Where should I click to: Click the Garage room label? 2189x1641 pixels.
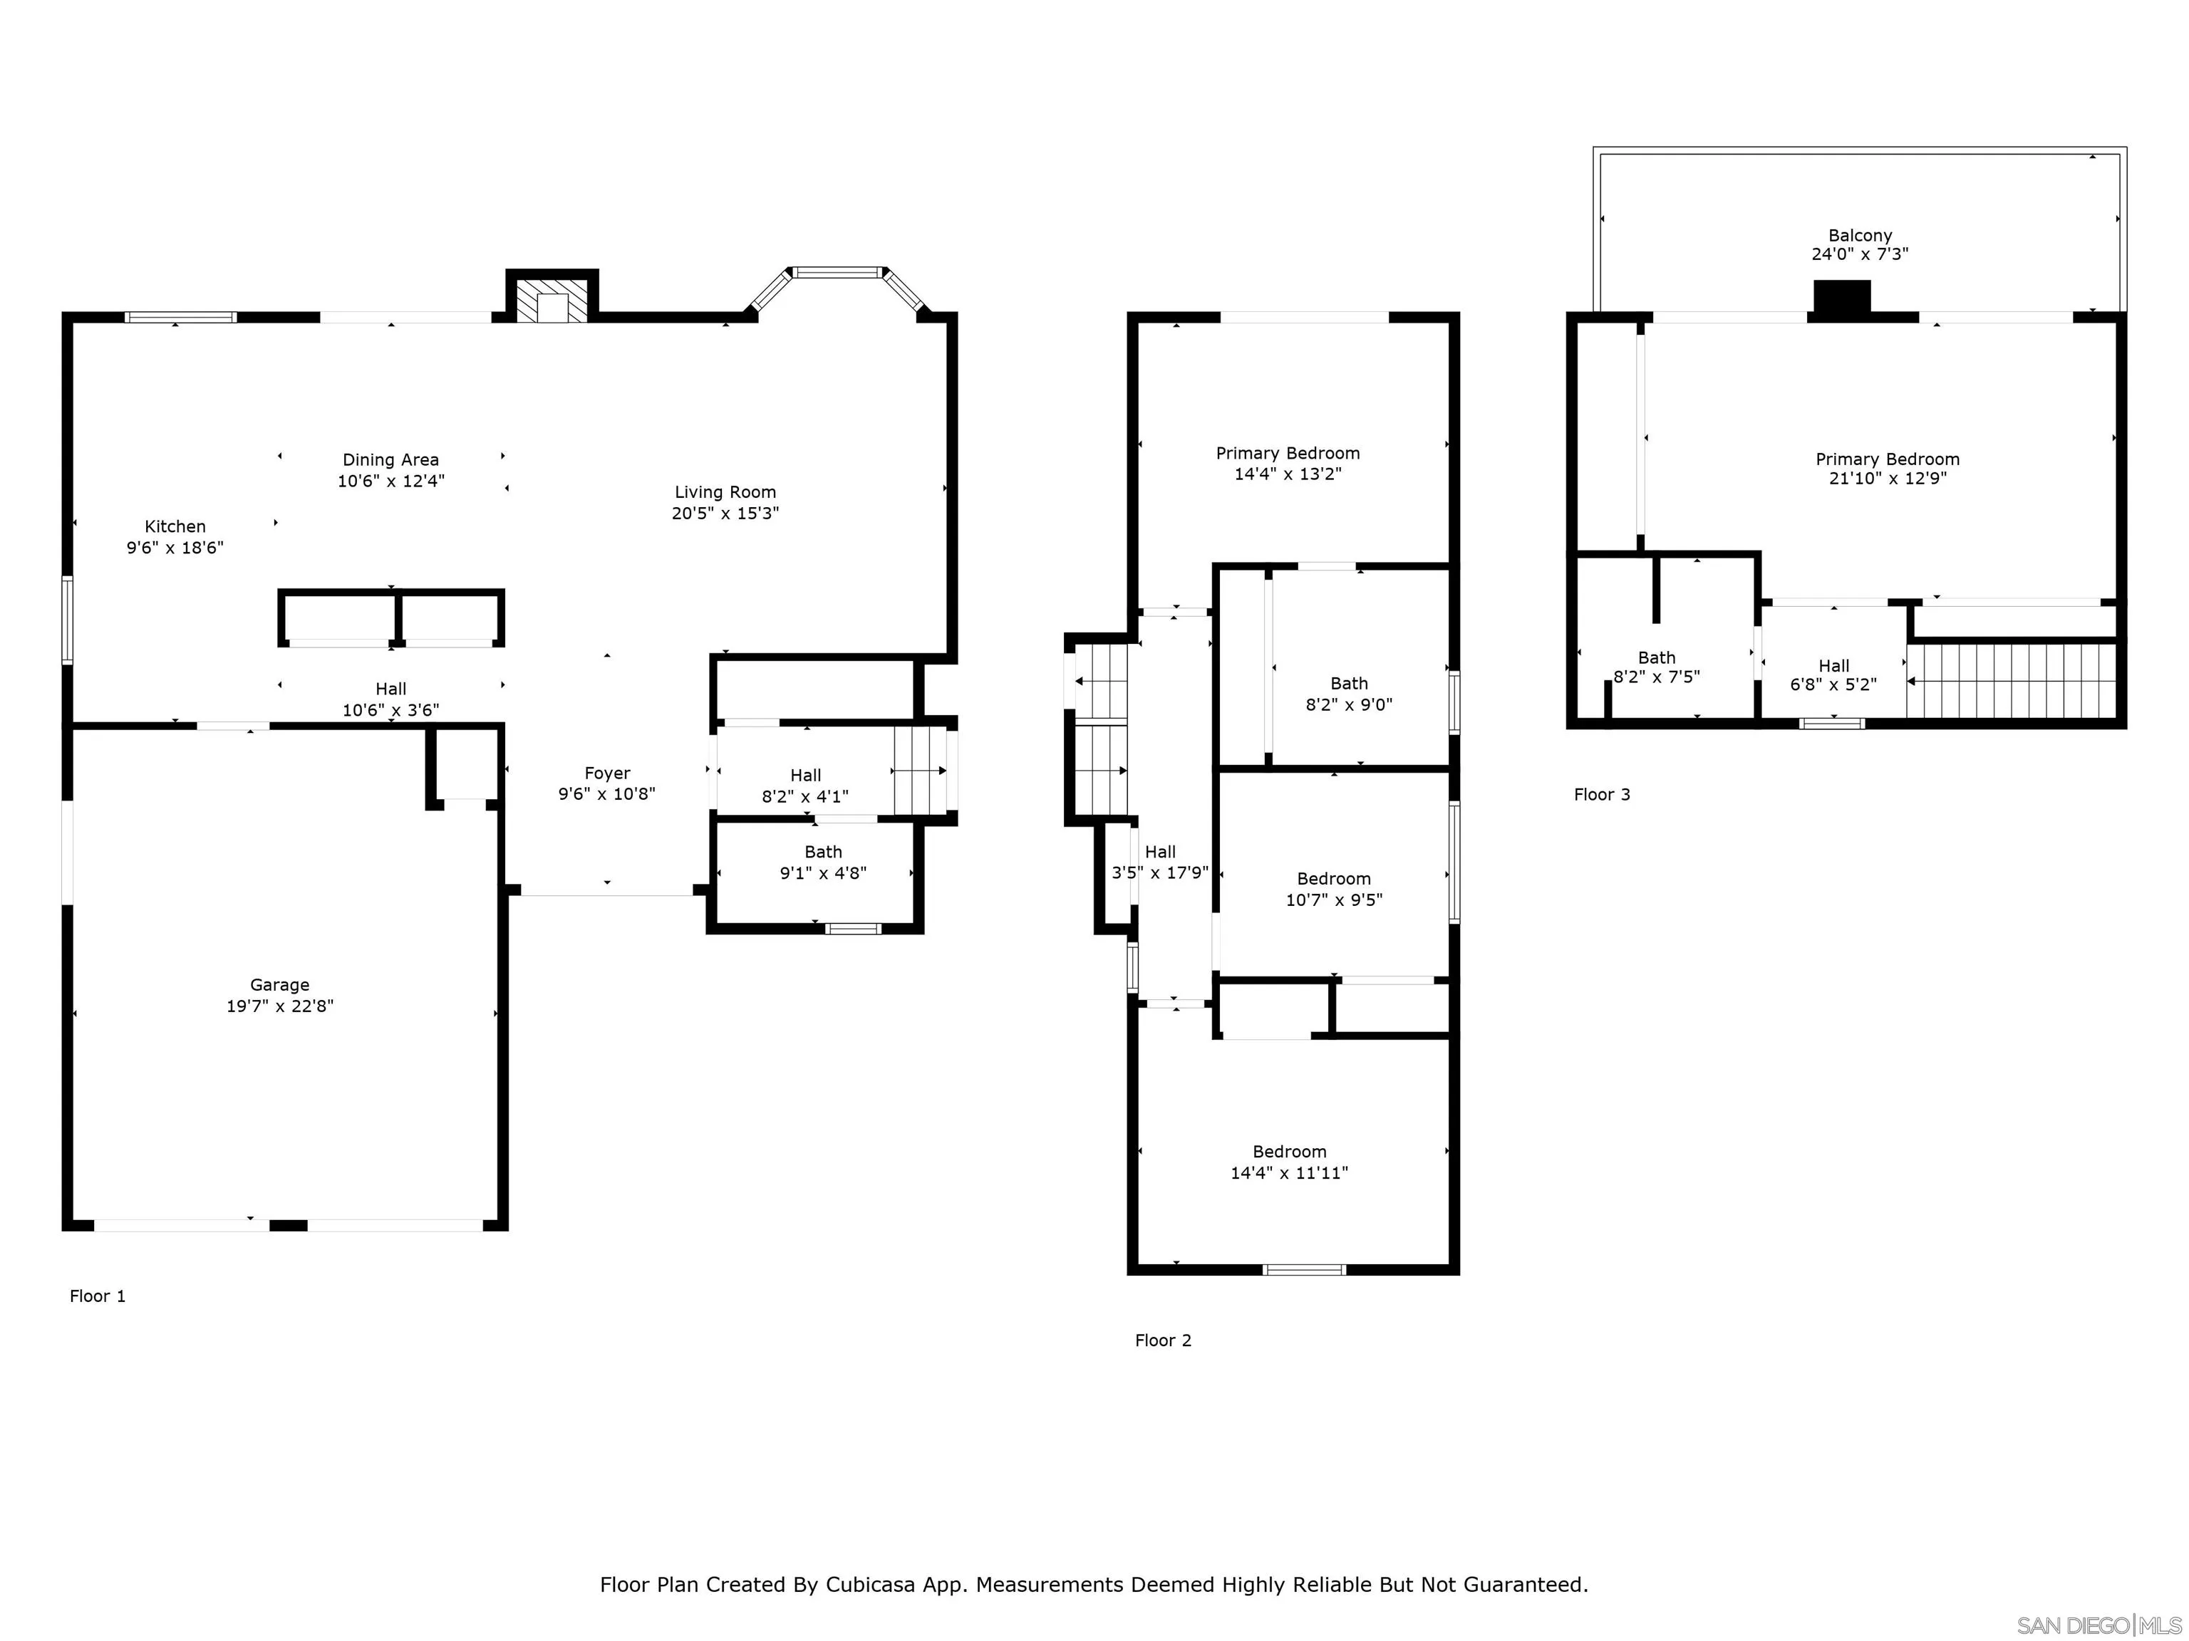click(279, 984)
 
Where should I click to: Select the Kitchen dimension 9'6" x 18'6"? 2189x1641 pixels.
click(175, 548)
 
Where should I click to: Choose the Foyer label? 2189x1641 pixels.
click(606, 773)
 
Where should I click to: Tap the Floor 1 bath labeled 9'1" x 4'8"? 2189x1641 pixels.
click(822, 863)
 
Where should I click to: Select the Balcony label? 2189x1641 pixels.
click(1860, 236)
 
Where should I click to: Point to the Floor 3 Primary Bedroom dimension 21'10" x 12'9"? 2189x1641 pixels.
click(1887, 479)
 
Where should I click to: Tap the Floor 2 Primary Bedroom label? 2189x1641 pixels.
click(1288, 453)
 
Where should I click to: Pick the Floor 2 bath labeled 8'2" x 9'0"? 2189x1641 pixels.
click(1348, 694)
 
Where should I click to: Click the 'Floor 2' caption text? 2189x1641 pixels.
click(1163, 1340)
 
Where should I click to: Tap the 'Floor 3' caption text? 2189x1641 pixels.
click(1601, 794)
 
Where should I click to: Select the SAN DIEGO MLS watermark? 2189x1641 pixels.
click(2098, 1625)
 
